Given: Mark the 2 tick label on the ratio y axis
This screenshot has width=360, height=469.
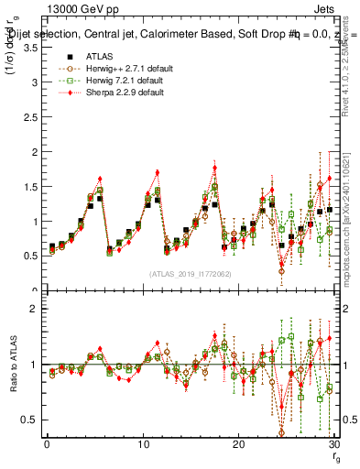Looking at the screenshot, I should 33,309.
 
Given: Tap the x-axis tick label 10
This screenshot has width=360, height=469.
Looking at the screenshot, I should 143,444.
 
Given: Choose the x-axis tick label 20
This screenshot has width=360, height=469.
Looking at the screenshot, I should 238,444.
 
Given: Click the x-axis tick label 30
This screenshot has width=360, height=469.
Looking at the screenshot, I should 333,444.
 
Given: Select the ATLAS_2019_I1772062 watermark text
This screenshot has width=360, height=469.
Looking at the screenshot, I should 189,274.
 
